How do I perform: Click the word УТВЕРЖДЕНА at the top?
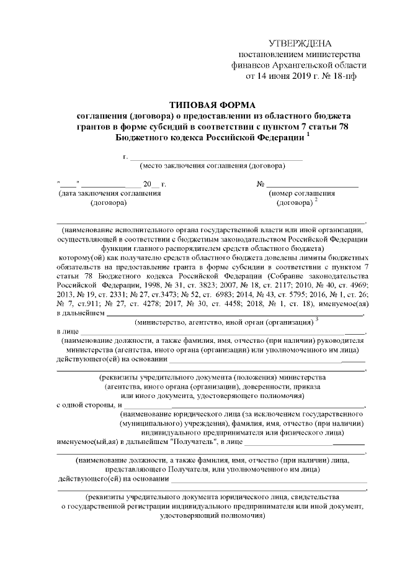click(300, 43)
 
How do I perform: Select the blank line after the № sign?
click(313, 184)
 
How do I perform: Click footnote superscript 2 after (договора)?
click(316, 199)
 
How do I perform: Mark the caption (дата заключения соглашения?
click(109, 194)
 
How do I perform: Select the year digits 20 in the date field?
click(147, 184)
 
